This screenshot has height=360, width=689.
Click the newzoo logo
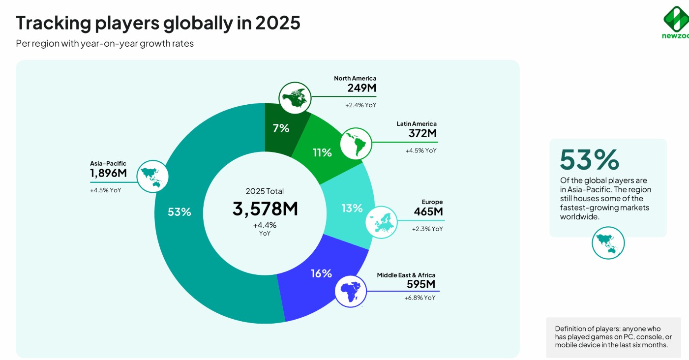click(x=675, y=22)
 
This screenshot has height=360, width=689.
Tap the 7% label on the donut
click(x=281, y=128)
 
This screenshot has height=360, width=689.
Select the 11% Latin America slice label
click(x=322, y=152)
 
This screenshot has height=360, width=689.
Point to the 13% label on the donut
click(x=352, y=208)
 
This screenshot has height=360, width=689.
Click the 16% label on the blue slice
click(x=321, y=273)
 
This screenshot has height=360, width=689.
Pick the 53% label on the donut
click(x=179, y=212)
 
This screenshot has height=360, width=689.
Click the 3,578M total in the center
click(x=265, y=209)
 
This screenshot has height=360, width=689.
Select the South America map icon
click(x=356, y=142)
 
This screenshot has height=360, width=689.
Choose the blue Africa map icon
click(x=351, y=291)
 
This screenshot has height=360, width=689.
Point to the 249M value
click(x=361, y=89)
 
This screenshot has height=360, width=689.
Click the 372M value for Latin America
click(x=422, y=133)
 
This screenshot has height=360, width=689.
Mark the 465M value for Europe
click(x=428, y=212)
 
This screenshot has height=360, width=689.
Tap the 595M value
click(x=421, y=284)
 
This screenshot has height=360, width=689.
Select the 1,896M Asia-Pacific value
click(x=108, y=173)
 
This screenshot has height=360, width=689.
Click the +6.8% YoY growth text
click(x=419, y=298)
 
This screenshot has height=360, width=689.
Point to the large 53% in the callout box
click(x=589, y=159)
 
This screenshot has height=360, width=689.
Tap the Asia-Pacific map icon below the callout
click(x=608, y=243)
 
